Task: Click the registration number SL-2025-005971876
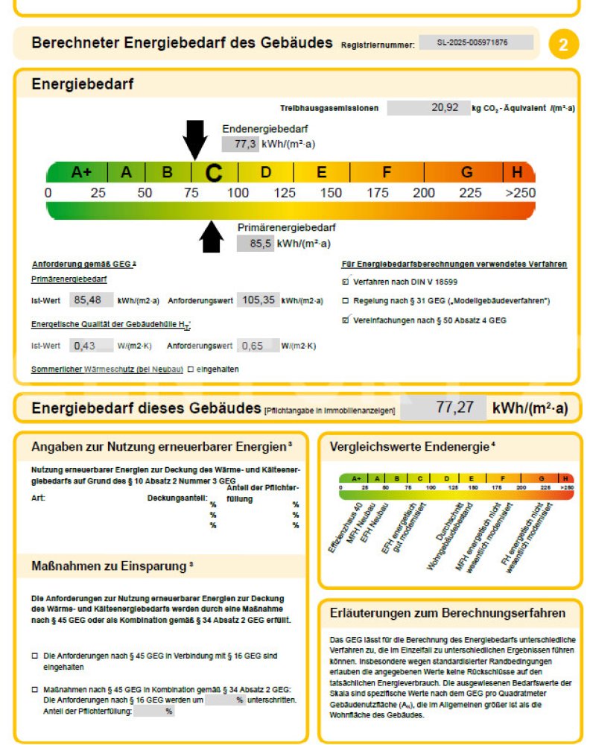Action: pos(476,43)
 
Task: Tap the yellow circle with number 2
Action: pos(563,45)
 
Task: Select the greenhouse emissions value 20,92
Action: pos(428,107)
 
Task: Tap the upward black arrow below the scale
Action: pos(212,238)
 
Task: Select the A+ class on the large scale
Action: pos(80,172)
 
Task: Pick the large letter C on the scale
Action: pos(214,173)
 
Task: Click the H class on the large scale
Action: pos(516,172)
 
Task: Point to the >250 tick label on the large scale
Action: pos(519,193)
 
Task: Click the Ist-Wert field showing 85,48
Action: pos(90,300)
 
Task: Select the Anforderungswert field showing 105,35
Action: pos(258,300)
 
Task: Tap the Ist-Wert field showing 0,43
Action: pos(90,346)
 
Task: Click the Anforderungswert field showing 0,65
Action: pos(258,346)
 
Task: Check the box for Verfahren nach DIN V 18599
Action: pos(345,282)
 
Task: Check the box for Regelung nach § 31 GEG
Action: pos(345,301)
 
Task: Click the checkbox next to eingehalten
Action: pos(191,369)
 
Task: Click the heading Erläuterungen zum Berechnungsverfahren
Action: pos(447,613)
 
